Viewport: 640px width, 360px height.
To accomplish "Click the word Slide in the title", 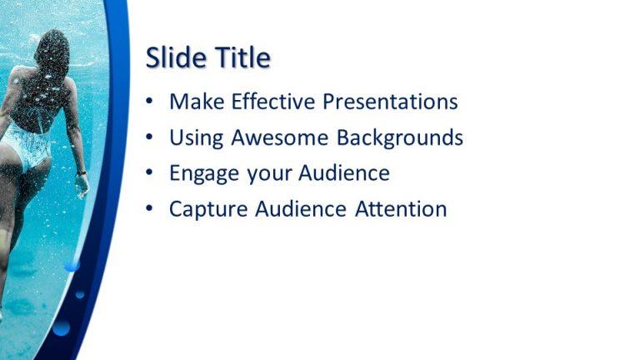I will coord(172,57).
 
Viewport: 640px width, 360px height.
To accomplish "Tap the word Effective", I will coord(272,102).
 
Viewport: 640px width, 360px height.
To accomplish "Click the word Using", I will coord(195,137).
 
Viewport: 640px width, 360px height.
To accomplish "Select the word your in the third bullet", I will coord(266,174).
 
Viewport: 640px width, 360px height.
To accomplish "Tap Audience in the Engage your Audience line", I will coord(343,173).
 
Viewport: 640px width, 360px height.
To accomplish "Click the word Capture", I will coord(206,209).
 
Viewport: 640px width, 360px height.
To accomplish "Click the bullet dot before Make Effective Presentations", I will coord(149,102).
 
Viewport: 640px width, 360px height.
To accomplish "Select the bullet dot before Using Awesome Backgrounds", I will coord(149,137).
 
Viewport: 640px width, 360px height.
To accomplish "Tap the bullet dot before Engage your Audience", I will coord(149,173).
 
